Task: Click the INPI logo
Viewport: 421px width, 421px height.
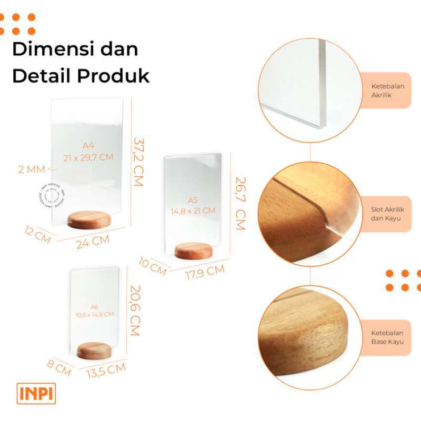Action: click(x=36, y=394)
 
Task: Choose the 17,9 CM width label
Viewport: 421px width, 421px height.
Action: click(x=205, y=272)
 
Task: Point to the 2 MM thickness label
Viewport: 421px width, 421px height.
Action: click(x=32, y=169)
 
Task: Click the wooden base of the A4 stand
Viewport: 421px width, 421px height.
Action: click(x=91, y=219)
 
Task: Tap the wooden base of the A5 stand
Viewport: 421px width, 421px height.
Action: click(x=194, y=250)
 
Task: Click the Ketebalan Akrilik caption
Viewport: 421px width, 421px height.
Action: click(x=388, y=91)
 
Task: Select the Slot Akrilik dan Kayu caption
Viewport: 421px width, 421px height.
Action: click(x=388, y=213)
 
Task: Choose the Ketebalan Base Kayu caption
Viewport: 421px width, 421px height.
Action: click(x=388, y=337)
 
